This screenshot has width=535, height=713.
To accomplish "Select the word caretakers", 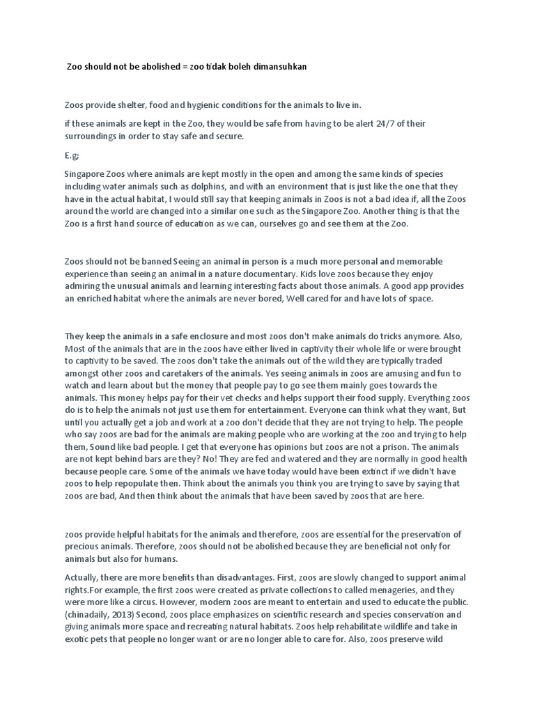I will [x=171, y=373].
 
